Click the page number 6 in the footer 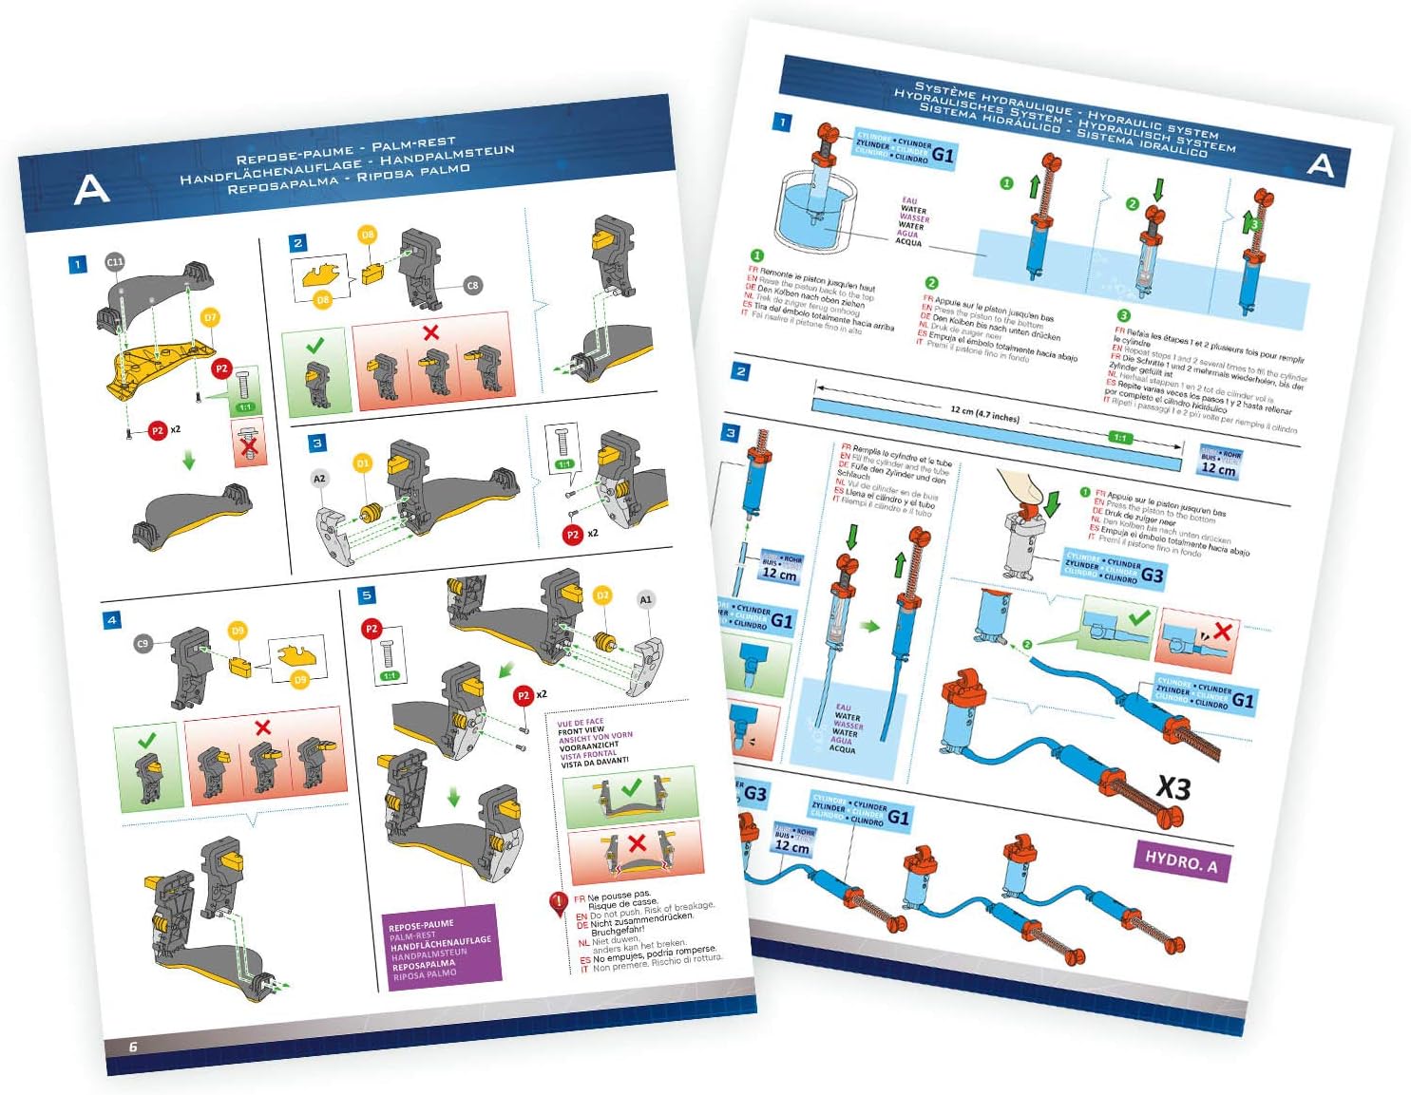[133, 1047]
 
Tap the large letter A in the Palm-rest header [91, 190]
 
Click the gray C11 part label [115, 262]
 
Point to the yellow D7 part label [210, 317]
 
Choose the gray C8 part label [472, 285]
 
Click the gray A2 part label [319, 479]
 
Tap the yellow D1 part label [362, 463]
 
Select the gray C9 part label [143, 643]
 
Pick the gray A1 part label [645, 599]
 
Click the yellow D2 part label [601, 595]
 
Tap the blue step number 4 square [112, 620]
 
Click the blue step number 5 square [367, 595]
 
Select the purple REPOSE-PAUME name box [441, 948]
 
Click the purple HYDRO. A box [1181, 861]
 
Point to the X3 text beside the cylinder [1173, 787]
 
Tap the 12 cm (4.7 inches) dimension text [984, 414]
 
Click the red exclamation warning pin [558, 904]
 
